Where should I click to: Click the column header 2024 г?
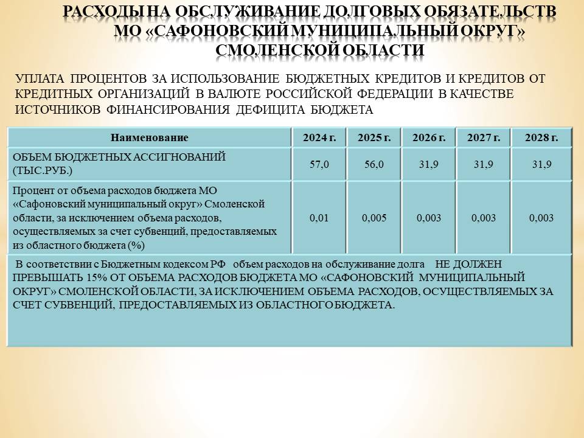(x=319, y=138)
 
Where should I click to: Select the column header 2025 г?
(x=374, y=138)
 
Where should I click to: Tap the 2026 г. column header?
(x=429, y=138)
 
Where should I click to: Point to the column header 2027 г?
(x=484, y=138)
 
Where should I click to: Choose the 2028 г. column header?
(x=541, y=138)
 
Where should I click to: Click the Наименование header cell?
(x=150, y=138)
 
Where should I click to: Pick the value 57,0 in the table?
(x=319, y=164)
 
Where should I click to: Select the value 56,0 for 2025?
(x=374, y=164)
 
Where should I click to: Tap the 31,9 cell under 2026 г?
(x=429, y=164)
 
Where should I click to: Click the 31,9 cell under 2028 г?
(x=541, y=164)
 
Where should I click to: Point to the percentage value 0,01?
(x=319, y=218)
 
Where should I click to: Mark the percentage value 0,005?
(x=374, y=218)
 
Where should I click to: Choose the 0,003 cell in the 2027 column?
(x=484, y=218)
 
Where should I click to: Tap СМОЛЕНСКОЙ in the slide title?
(x=272, y=49)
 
